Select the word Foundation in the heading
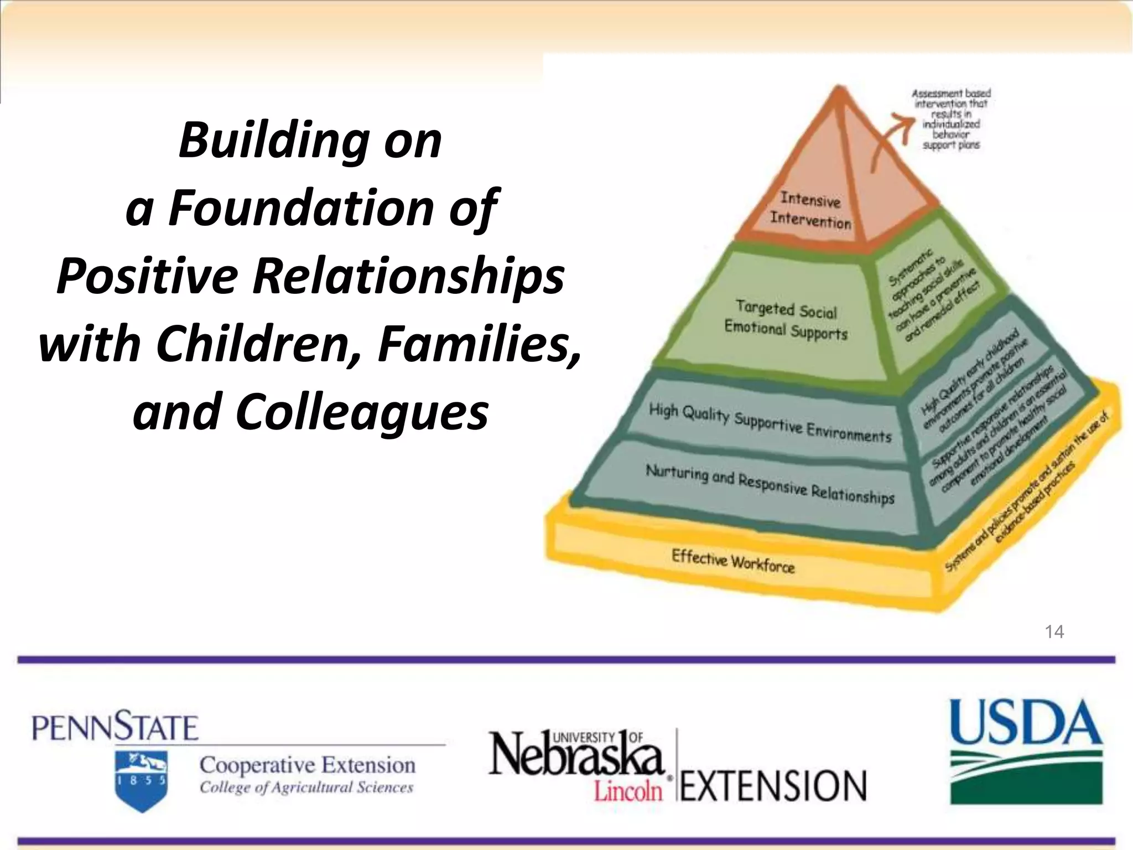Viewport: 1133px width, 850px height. [301, 209]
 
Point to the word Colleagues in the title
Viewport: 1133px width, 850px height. [362, 412]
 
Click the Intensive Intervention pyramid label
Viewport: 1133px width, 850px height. [810, 210]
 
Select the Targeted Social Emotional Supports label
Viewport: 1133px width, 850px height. [786, 320]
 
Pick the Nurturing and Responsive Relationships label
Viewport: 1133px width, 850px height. [770, 484]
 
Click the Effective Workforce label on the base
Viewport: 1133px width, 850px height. [733, 561]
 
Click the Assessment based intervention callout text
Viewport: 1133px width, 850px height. [951, 119]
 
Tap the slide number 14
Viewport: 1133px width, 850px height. [1054, 632]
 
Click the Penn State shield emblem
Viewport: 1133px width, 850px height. [142, 780]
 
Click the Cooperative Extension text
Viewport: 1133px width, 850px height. [308, 765]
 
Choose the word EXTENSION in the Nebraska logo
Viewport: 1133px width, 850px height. [773, 786]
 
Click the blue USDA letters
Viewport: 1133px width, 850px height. [1026, 722]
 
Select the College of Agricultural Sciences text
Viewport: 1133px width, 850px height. [306, 787]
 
